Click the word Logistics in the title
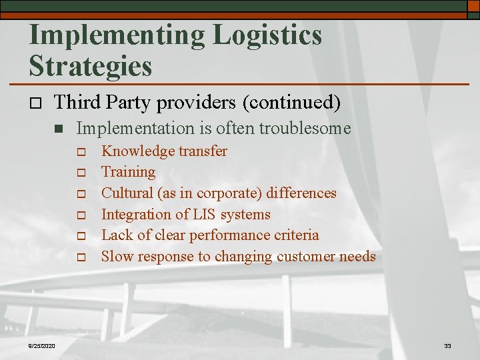[x=267, y=35]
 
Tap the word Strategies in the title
[x=91, y=65]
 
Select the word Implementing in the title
[x=116, y=35]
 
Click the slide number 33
[x=447, y=346]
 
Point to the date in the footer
[x=42, y=345]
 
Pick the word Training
[x=128, y=172]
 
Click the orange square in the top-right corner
[x=473, y=5]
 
